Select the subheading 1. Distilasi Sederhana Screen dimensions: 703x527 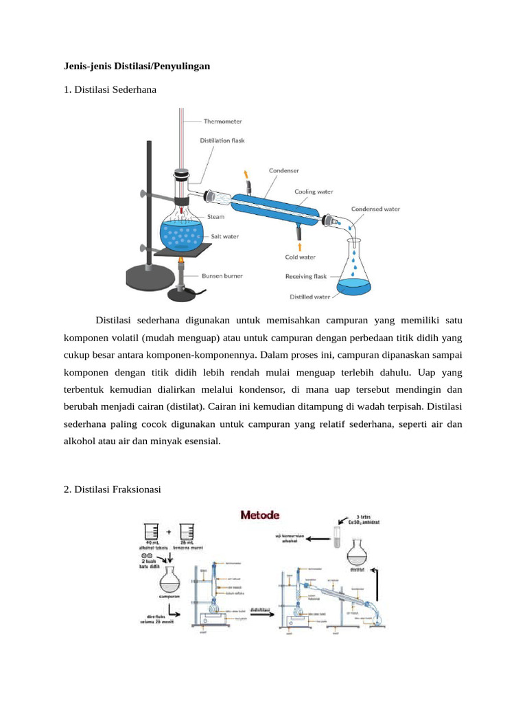pyautogui.click(x=110, y=89)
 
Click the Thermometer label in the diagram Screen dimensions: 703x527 pyautogui.click(x=222, y=122)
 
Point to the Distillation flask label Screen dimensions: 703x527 pyautogui.click(x=222, y=141)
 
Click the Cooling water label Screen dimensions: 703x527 pyautogui.click(x=314, y=192)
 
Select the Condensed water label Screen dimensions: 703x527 pyautogui.click(x=375, y=209)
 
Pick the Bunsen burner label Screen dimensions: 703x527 pyautogui.click(x=222, y=275)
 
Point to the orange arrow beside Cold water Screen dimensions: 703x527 pyautogui.click(x=299, y=246)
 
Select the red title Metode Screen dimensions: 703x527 pyautogui.click(x=259, y=514)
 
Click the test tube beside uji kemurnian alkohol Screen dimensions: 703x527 pyautogui.click(x=337, y=537)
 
